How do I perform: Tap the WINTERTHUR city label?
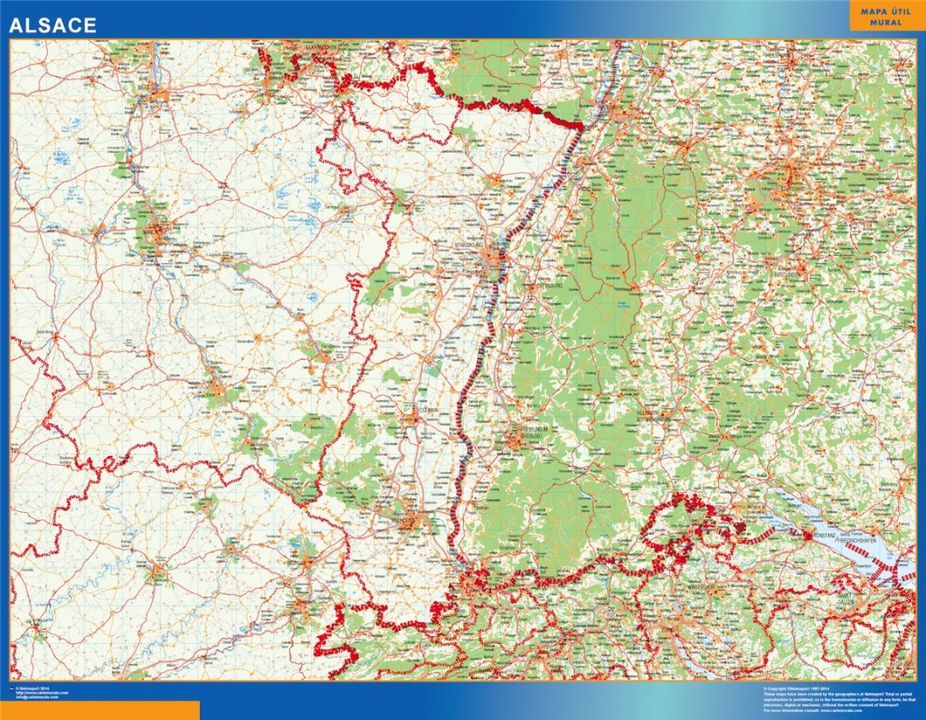(697, 585)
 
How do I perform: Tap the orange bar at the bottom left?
(99, 710)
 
